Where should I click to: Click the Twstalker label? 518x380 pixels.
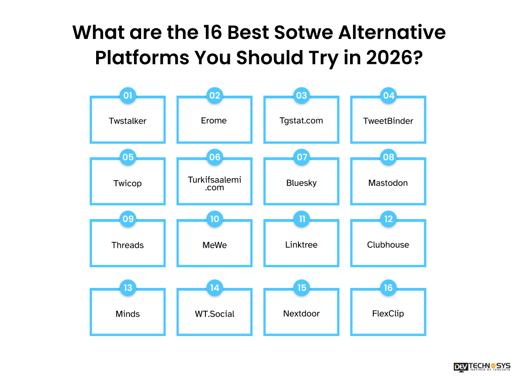[127, 121]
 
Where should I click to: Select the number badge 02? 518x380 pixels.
[215, 95]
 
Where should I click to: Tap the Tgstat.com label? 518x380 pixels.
[301, 120]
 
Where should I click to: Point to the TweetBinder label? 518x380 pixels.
[388, 121]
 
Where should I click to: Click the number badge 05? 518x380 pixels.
[128, 157]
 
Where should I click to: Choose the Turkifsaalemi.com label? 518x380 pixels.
[214, 183]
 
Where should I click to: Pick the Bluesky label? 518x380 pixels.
[301, 183]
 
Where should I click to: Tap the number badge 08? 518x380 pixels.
[388, 157]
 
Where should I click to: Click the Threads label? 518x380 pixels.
[127, 245]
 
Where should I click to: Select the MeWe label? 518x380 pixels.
[214, 245]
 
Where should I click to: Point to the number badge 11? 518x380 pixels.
[302, 219]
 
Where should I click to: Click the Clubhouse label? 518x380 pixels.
[388, 244]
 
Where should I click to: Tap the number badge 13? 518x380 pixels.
[128, 288]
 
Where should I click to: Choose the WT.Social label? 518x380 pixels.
[214, 314]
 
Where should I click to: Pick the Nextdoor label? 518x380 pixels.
[301, 313]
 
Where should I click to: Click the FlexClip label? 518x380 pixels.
[388, 313]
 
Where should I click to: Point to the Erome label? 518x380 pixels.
[214, 120]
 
